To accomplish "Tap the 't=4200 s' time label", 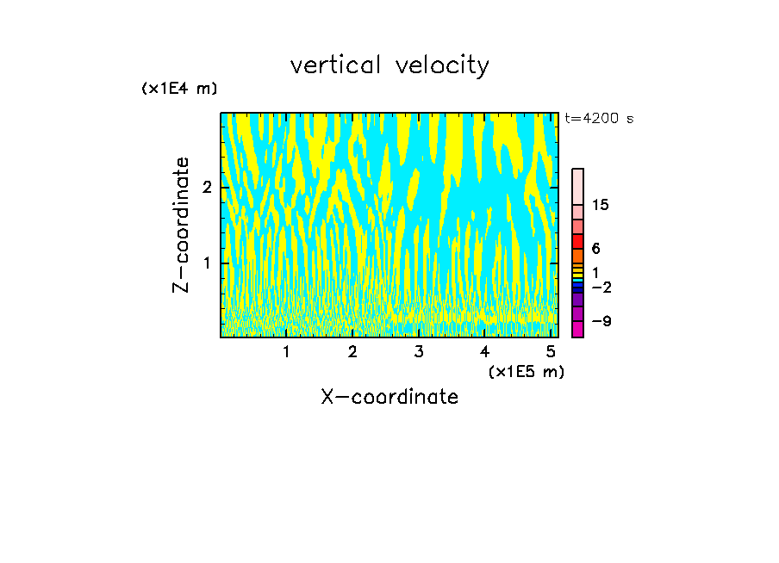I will [x=599, y=118].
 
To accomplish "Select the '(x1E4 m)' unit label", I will [x=179, y=89].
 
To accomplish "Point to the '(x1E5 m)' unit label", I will [x=526, y=371].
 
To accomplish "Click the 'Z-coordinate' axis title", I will [x=181, y=225].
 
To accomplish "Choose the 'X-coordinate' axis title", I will [x=389, y=397].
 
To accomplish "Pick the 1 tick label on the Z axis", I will [x=207, y=263].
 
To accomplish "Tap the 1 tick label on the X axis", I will [x=286, y=351].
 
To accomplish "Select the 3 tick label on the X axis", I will [x=418, y=351].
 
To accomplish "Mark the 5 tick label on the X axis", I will [x=551, y=351].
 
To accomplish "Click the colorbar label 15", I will [x=601, y=205].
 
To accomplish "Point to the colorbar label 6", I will [x=595, y=249].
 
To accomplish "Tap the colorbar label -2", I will [x=601, y=287].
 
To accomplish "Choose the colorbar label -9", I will [x=601, y=321].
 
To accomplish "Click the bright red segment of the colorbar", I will [x=577, y=241].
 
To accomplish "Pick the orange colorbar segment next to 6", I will [x=577, y=256].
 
